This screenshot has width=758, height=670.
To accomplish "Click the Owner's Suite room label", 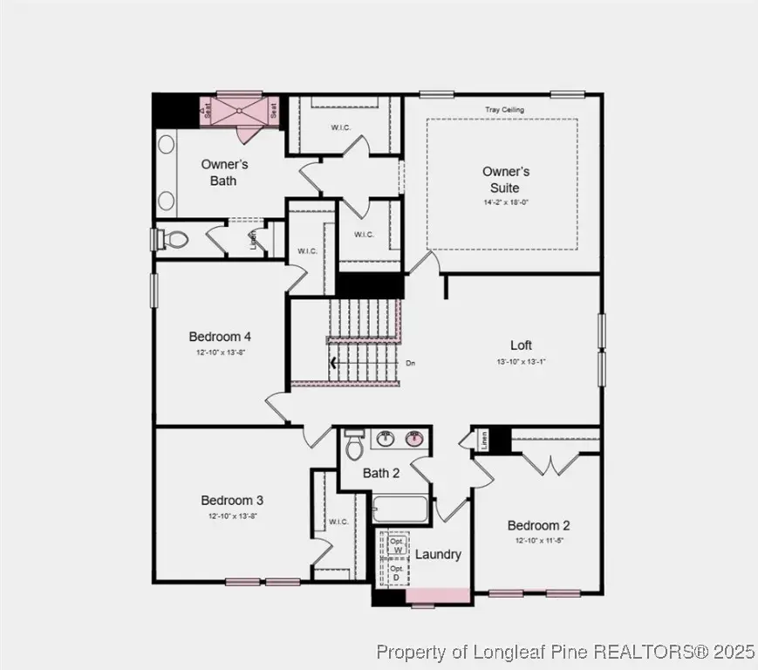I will (x=506, y=180).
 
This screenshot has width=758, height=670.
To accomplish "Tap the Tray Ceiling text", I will (x=504, y=110).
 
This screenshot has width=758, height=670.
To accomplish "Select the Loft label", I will (x=521, y=345).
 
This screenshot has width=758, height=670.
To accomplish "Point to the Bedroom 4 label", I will (x=220, y=336).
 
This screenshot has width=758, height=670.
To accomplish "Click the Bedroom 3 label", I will (x=232, y=500).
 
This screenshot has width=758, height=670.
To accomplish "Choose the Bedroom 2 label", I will (x=538, y=525).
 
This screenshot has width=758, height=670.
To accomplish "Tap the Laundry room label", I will (x=438, y=554).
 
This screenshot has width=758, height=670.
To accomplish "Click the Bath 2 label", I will (x=381, y=474).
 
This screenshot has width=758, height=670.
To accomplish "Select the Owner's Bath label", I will (x=224, y=172).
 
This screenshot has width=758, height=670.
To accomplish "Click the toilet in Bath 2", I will (x=354, y=446).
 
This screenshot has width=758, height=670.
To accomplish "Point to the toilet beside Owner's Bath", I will (x=174, y=239).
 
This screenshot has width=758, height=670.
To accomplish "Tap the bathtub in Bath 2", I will (x=401, y=509).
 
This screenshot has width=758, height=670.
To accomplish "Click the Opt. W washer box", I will (x=397, y=545).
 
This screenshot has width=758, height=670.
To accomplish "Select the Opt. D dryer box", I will (x=397, y=572).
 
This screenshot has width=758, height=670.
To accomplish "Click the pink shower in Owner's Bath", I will (x=240, y=112).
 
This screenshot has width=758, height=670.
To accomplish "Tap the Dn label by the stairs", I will (x=410, y=361).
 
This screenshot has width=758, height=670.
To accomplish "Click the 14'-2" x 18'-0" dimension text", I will (x=507, y=202).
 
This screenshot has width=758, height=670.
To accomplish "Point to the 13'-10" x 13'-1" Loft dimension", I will (x=522, y=361).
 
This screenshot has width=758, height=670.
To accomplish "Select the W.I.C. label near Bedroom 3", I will (x=338, y=522).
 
